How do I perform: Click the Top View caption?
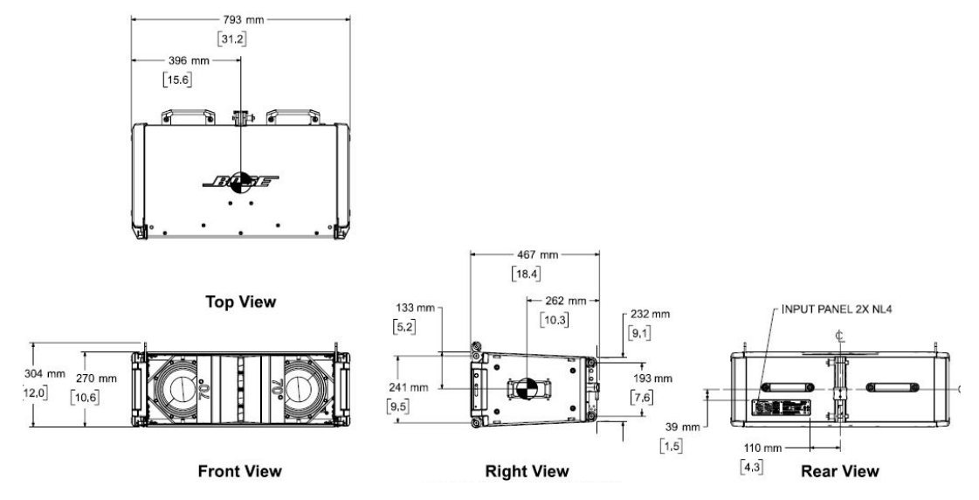pyautogui.click(x=240, y=302)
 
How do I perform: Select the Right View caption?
pyautogui.click(x=527, y=471)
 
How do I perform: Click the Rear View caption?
pyautogui.click(x=839, y=471)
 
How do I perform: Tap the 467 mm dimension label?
pyautogui.click(x=534, y=255)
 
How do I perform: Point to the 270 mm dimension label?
pyautogui.click(x=96, y=378)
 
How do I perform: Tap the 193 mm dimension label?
pyautogui.click(x=650, y=378)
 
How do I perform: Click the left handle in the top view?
pyautogui.click(x=184, y=115)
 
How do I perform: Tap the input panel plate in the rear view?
pyautogui.click(x=783, y=408)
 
